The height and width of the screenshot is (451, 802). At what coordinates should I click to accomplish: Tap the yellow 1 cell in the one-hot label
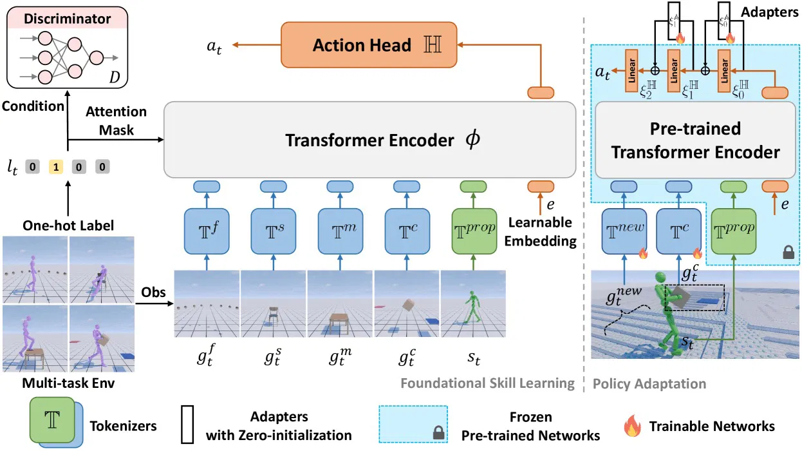coord(56,168)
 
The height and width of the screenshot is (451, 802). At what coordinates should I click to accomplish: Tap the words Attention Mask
coord(116,120)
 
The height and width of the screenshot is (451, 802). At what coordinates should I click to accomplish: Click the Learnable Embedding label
coord(540,232)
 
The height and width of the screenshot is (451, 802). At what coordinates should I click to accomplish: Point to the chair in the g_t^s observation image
coord(273,314)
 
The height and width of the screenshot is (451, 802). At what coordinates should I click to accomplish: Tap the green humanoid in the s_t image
coord(473,305)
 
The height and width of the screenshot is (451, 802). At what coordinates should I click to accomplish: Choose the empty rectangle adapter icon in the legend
coord(188,426)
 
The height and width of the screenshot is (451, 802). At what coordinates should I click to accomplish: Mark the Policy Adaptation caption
coord(649,383)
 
